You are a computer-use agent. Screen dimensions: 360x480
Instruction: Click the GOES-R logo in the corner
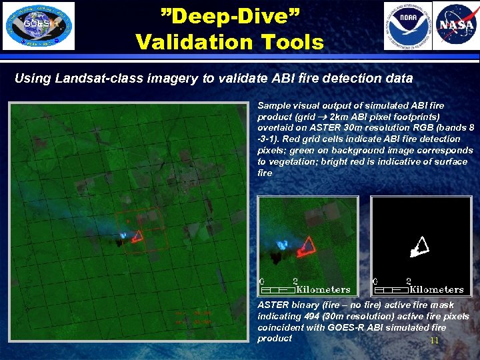[39, 26]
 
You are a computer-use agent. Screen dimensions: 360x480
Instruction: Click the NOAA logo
[406, 26]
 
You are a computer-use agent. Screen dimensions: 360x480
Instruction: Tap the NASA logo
[456, 26]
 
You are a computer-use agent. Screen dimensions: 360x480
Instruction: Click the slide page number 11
[434, 341]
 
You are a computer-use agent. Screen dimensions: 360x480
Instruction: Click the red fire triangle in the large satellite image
[137, 236]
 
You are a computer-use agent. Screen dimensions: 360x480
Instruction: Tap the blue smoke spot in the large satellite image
[123, 235]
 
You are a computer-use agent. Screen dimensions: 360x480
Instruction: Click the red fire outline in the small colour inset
[308, 246]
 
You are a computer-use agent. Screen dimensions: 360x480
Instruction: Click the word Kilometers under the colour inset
[323, 289]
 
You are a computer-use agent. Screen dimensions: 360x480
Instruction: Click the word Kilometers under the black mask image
[436, 289]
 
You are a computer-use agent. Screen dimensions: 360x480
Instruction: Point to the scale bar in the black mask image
[391, 290]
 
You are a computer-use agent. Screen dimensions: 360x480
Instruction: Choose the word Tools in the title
[293, 43]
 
